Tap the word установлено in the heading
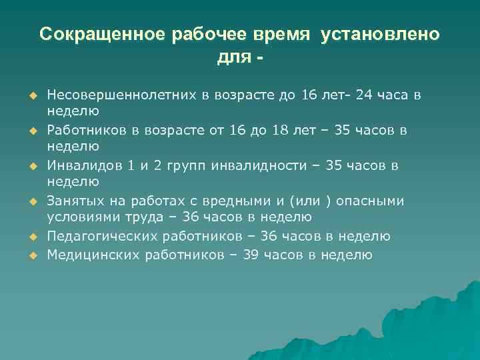(x=380, y=35)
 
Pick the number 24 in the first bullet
(x=365, y=95)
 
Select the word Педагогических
(x=97, y=236)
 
